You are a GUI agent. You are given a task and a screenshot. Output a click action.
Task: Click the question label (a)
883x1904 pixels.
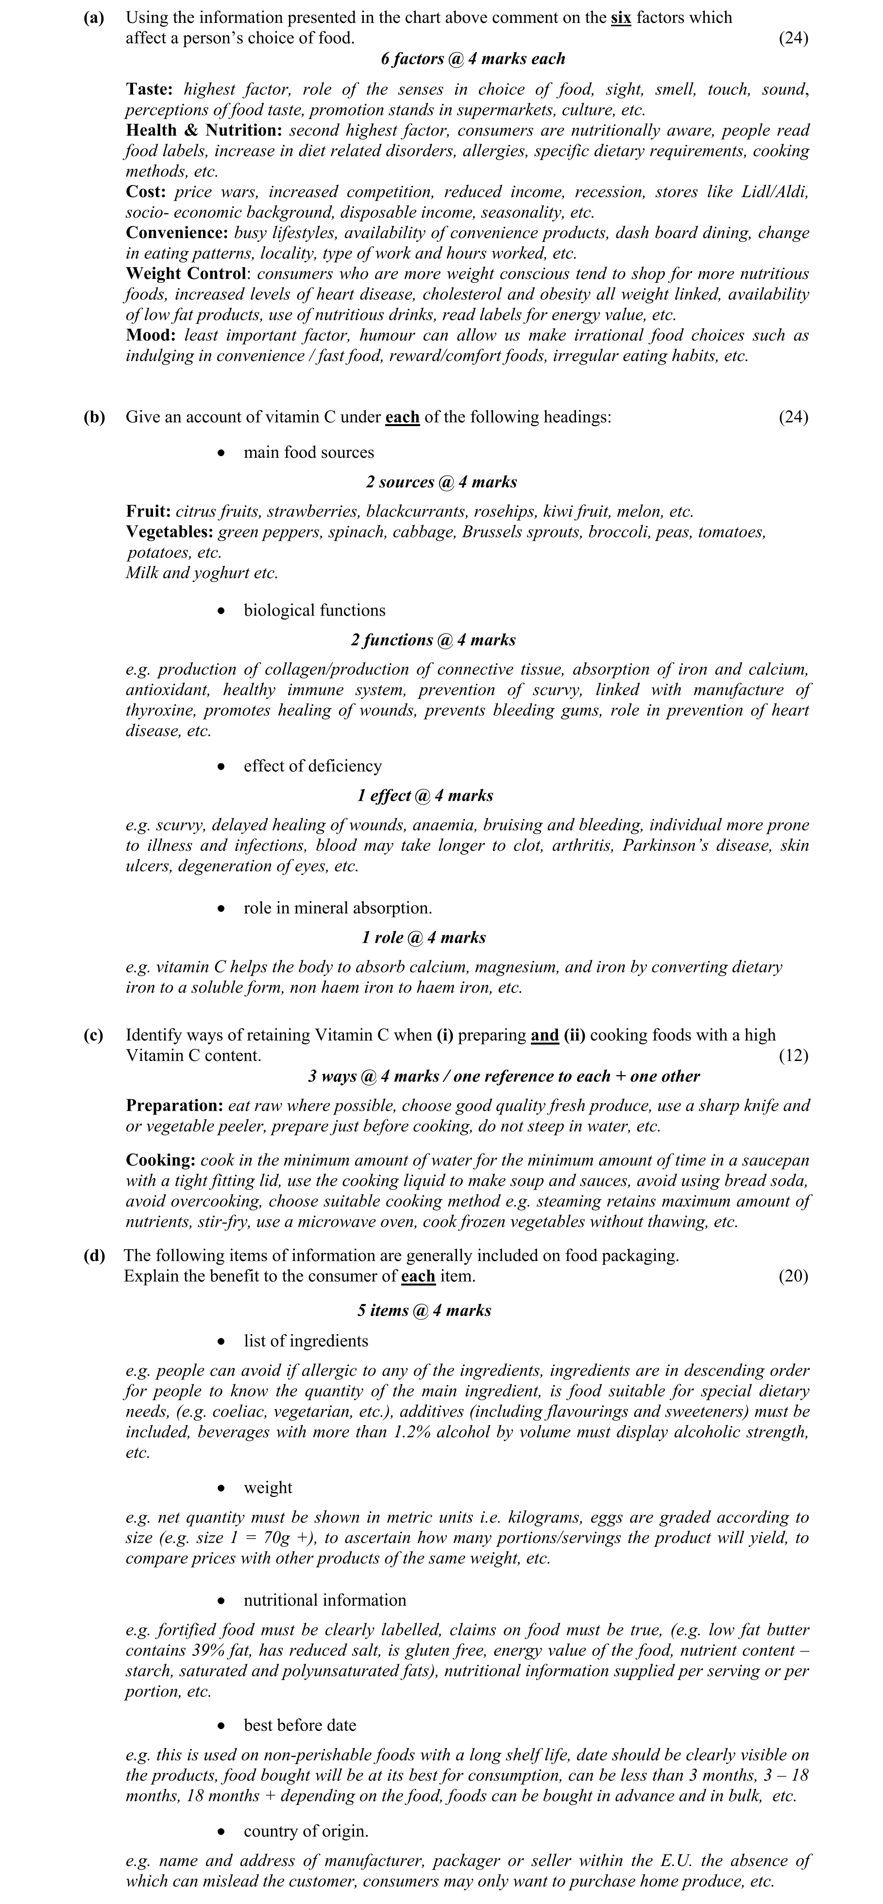pos(94,18)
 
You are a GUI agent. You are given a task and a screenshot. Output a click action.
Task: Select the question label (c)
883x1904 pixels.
pos(93,1035)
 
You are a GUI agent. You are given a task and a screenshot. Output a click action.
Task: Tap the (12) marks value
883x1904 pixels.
pos(793,1055)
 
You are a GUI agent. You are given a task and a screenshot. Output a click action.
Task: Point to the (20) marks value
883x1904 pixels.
pos(793,1276)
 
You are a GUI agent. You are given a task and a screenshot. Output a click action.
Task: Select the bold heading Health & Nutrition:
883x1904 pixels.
pos(204,131)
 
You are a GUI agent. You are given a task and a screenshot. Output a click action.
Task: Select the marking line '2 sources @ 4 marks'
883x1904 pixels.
pos(441,482)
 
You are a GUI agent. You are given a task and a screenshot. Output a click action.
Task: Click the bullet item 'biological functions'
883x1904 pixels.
pos(314,611)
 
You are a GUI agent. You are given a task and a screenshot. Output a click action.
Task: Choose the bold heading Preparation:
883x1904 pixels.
pos(174,1106)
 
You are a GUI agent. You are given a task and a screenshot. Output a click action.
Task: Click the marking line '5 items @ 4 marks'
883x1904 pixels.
pos(424,1310)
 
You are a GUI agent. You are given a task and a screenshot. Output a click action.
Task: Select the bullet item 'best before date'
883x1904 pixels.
pos(299,1725)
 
